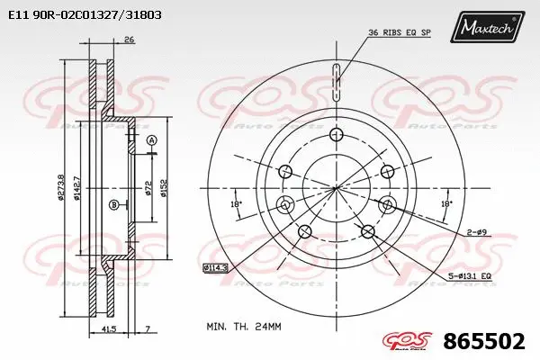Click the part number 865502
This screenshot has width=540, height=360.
[x=484, y=342]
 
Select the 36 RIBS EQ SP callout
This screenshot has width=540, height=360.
[x=399, y=33]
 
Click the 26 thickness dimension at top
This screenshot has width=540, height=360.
[x=129, y=40]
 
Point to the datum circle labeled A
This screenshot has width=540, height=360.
[x=151, y=140]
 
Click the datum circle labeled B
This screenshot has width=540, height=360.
[x=113, y=205]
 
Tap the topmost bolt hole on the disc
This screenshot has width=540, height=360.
[x=337, y=135]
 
